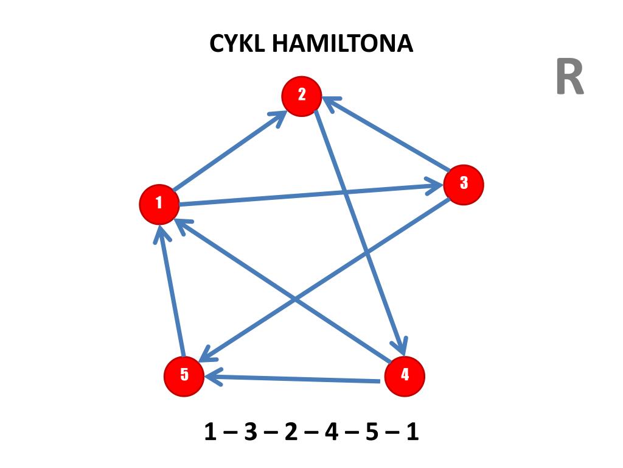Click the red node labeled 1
tap(159, 204)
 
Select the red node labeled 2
tap(301, 96)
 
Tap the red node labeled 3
tap(464, 184)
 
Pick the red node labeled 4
tap(405, 376)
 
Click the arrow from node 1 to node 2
tap(225, 152)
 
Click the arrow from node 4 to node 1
tap(243, 262)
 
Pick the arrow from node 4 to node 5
tap(292, 379)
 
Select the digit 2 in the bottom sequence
tap(290, 433)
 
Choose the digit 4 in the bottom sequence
tap(331, 433)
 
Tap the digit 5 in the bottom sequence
tap(372, 433)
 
